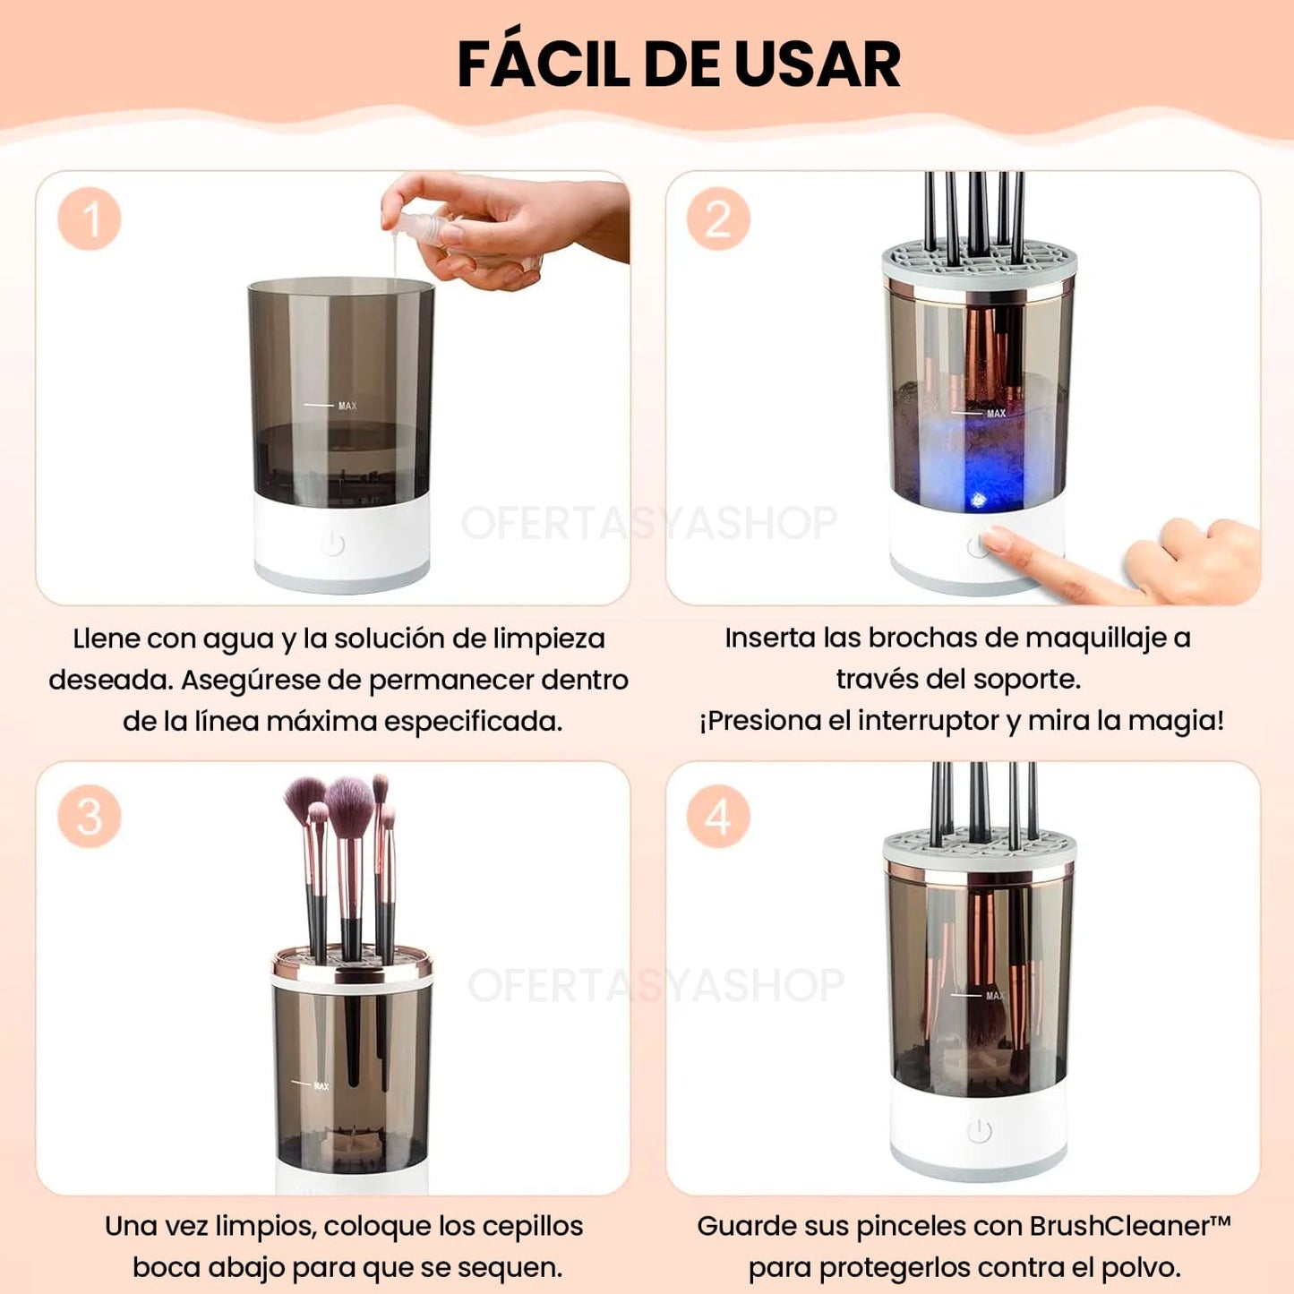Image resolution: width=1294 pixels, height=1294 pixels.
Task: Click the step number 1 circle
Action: (x=90, y=219)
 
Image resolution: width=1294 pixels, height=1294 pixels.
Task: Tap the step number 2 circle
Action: (x=718, y=219)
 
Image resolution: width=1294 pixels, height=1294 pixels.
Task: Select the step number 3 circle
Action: (x=90, y=816)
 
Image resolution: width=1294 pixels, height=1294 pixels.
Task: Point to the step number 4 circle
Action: (x=718, y=816)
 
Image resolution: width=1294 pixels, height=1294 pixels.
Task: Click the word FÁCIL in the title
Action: (x=544, y=64)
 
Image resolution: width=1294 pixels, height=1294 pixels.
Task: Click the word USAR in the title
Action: (x=818, y=65)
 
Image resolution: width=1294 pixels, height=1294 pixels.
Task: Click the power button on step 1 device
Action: (x=332, y=544)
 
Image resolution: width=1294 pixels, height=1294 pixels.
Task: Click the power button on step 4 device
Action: (x=979, y=1132)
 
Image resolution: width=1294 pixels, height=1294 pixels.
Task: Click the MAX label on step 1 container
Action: (x=347, y=406)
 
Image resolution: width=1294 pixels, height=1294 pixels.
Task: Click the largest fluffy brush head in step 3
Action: (x=349, y=806)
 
